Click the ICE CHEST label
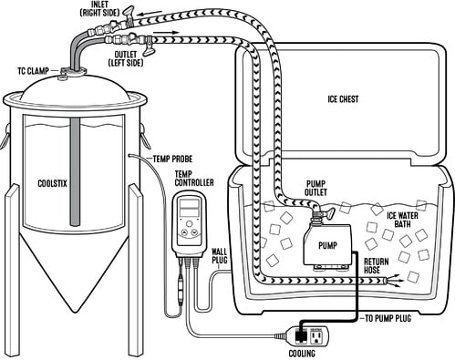click(345, 99)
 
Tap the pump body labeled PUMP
click(327, 245)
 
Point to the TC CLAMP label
click(35, 68)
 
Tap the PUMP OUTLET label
click(300, 190)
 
